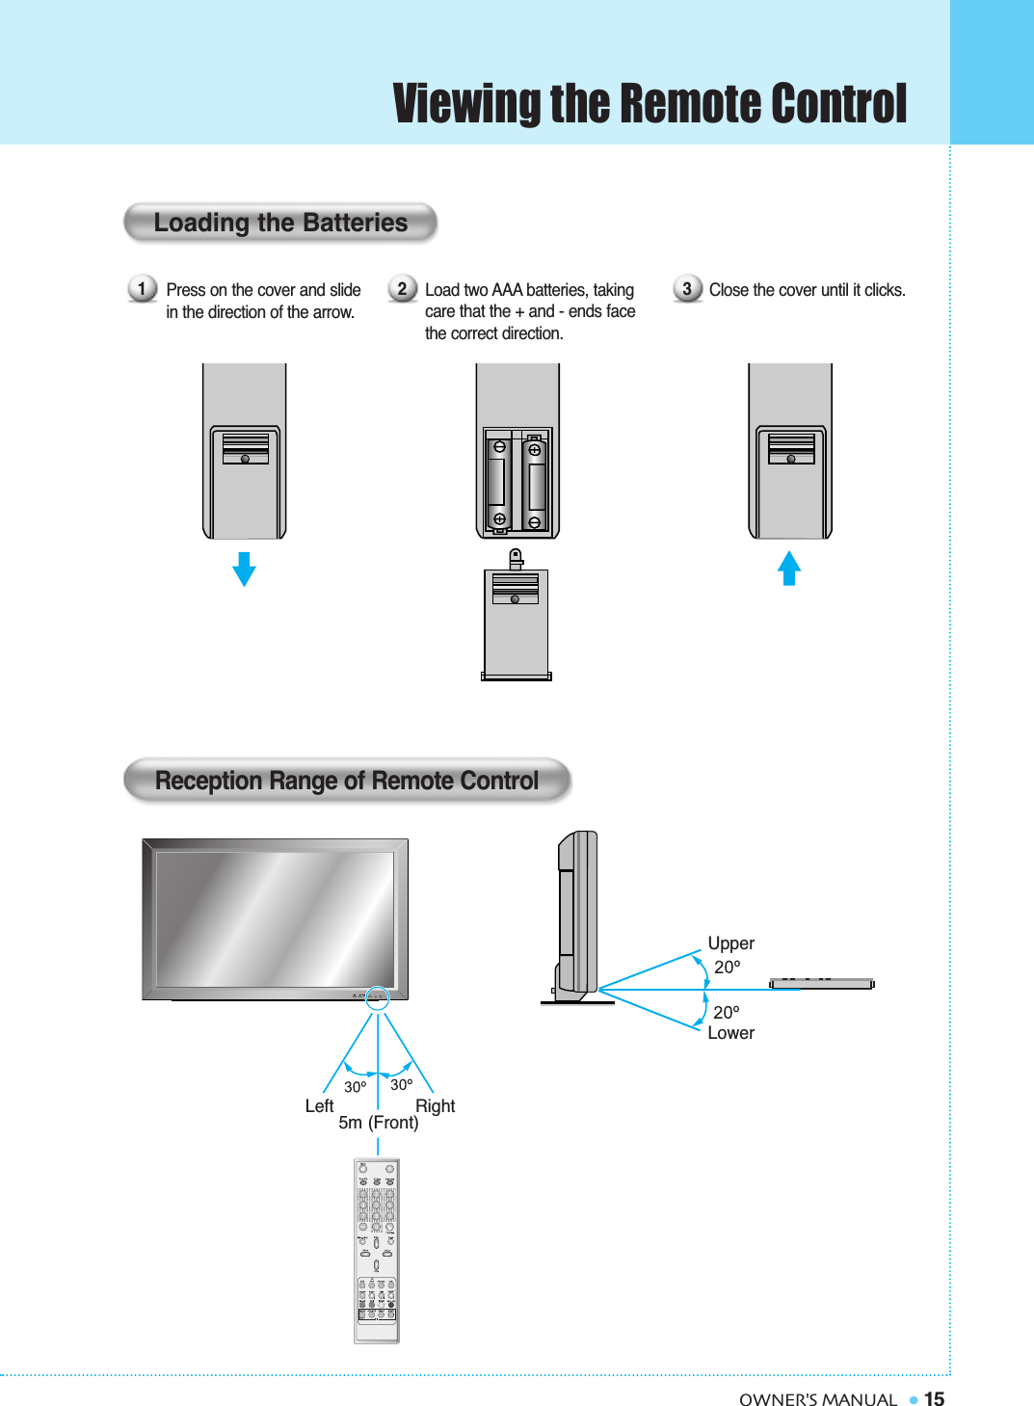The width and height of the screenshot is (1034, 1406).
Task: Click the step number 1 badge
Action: pos(142,288)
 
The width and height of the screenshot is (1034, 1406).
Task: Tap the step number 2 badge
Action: pos(402,288)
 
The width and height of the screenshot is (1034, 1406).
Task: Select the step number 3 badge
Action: pos(687,288)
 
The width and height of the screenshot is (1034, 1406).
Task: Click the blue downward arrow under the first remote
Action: pos(245,569)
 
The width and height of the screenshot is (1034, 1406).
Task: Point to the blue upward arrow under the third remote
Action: pos(789,568)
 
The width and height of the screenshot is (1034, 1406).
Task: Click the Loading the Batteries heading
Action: pos(280,223)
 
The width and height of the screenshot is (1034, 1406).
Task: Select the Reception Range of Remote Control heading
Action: pos(347,781)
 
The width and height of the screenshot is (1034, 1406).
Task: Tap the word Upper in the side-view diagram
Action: pos(730,943)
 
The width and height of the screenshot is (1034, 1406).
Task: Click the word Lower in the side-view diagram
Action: pos(730,1033)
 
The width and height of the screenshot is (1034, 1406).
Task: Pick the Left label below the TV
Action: pos(319,1106)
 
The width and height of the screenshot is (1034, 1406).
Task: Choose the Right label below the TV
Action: pos(435,1106)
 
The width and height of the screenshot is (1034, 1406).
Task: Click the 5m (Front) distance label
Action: pos(379,1123)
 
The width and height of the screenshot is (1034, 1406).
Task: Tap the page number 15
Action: pos(934,1399)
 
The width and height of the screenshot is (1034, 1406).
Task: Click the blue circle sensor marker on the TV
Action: pos(378,998)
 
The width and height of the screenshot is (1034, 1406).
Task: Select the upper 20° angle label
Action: pos(728,968)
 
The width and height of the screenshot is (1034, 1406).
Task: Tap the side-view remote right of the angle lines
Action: pos(821,984)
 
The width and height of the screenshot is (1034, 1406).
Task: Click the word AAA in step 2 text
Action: pos(507,290)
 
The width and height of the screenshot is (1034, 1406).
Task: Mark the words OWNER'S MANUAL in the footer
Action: pos(817,1400)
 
